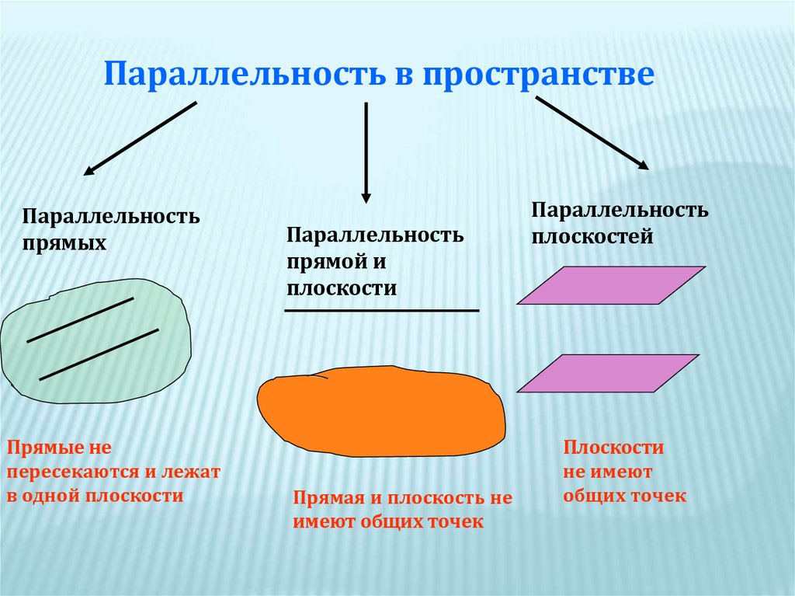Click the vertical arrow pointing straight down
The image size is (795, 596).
pyautogui.click(x=366, y=152)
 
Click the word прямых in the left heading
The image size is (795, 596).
pyautogui.click(x=64, y=242)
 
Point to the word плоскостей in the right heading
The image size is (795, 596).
pyautogui.click(x=592, y=236)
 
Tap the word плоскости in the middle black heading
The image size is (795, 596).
pyautogui.click(x=341, y=288)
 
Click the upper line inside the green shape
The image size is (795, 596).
pyautogui.click(x=80, y=319)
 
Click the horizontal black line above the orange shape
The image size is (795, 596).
pyautogui.click(x=381, y=311)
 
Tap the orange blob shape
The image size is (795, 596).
pyautogui.click(x=380, y=411)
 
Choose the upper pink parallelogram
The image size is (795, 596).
pyautogui.click(x=611, y=285)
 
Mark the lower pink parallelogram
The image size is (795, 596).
pyautogui.click(x=608, y=373)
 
